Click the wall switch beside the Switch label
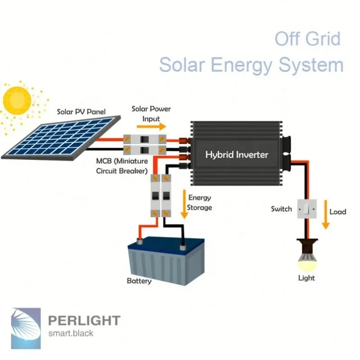point(306,209)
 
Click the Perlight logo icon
point(26,323)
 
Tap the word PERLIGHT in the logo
point(84,321)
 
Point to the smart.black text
point(71,334)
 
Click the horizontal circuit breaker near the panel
point(144,144)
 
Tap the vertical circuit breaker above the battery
point(161,197)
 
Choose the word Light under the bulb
point(306,278)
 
